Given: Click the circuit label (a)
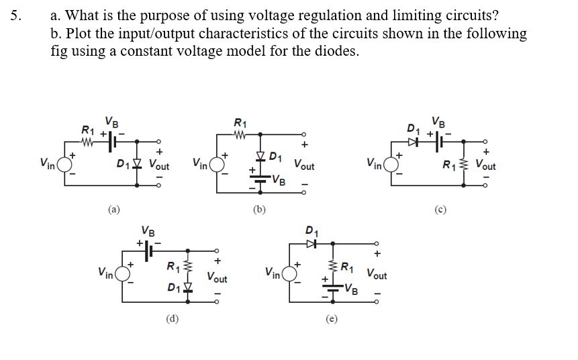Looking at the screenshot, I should [x=115, y=210].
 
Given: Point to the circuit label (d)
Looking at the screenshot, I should [x=172, y=318].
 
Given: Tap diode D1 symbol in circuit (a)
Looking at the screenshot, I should [x=137, y=163].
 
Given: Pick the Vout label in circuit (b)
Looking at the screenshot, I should [x=305, y=165].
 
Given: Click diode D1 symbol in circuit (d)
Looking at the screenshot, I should [x=189, y=288].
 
